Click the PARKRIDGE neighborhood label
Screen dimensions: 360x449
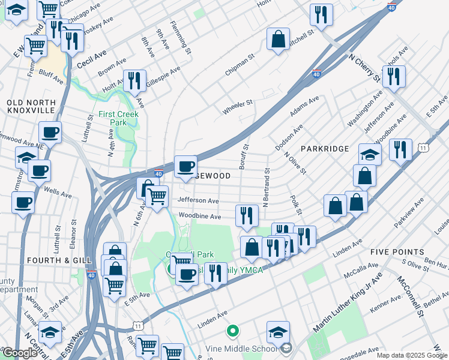pyautogui.click(x=325, y=148)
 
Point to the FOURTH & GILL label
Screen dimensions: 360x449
pyautogui.click(x=59, y=260)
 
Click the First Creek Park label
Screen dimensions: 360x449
pyautogui.click(x=119, y=118)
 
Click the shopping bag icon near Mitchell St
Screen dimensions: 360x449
pyautogui.click(x=279, y=40)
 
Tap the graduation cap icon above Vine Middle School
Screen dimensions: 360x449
pyautogui.click(x=279, y=332)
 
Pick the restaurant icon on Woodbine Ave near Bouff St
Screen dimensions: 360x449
pyautogui.click(x=246, y=215)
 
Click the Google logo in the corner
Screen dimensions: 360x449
pyautogui.click(x=20, y=353)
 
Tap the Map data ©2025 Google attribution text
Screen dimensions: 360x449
pyautogui.click(x=412, y=355)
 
